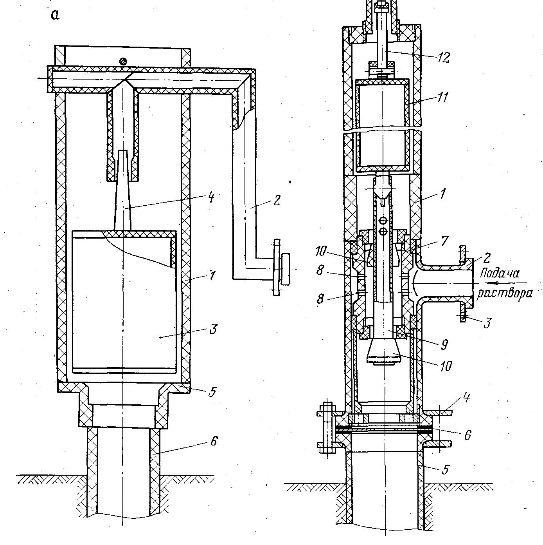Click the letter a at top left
pyautogui.click(x=56, y=15)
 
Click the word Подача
pyautogui.click(x=500, y=274)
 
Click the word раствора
pyautogui.click(x=505, y=294)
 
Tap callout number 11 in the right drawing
pyautogui.click(x=442, y=97)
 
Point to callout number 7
pyautogui.click(x=444, y=241)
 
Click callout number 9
pyautogui.click(x=444, y=345)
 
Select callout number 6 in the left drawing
pyautogui.click(x=214, y=441)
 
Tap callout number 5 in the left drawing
pyautogui.click(x=212, y=391)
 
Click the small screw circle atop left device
pyautogui.click(x=123, y=61)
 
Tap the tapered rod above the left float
pyautogui.click(x=122, y=190)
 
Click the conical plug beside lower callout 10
pyautogui.click(x=384, y=351)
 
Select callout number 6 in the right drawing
pyautogui.click(x=467, y=435)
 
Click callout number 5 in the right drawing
pyautogui.click(x=445, y=469)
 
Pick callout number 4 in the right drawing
pyautogui.click(x=466, y=398)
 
